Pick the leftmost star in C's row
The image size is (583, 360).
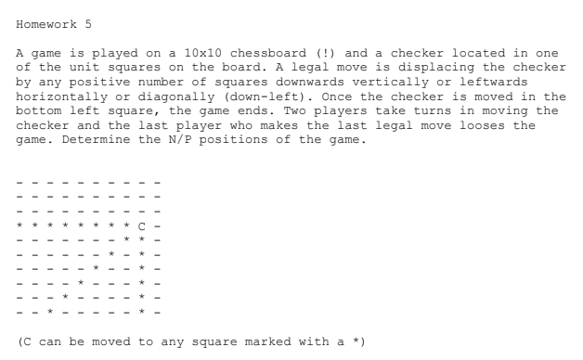pos(20,225)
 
